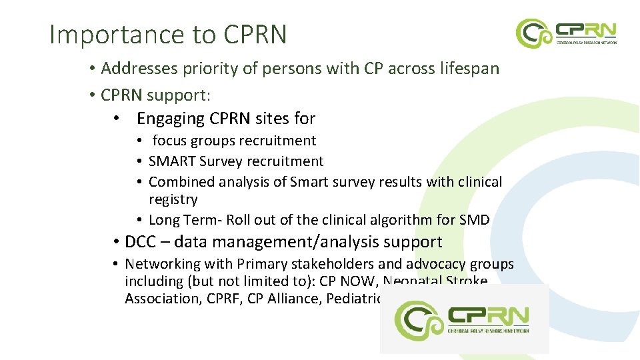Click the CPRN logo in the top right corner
[566, 32]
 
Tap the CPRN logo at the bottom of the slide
[464, 319]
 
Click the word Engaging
[171, 119]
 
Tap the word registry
[173, 199]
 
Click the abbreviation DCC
[139, 242]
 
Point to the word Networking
[157, 264]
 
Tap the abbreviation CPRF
[223, 299]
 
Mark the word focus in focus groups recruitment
[169, 141]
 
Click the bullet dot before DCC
[116, 242]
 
